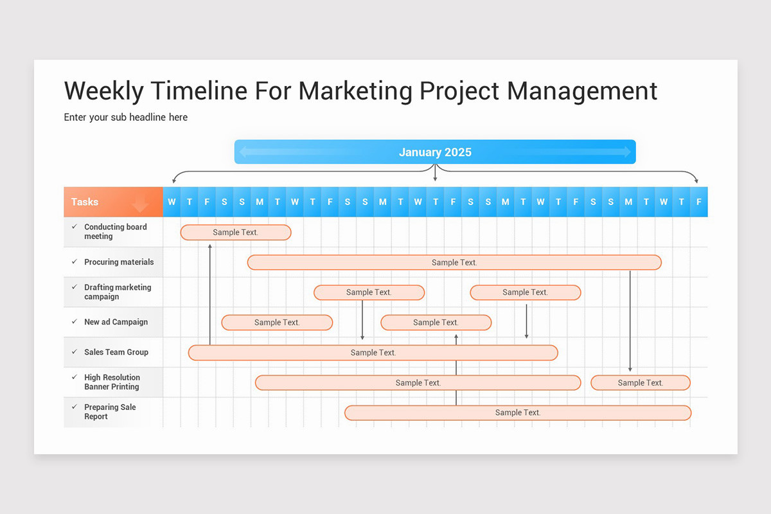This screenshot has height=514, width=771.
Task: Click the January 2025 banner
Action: click(x=435, y=152)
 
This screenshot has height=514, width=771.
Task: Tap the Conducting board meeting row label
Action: click(x=116, y=232)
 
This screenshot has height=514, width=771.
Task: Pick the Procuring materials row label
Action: click(x=119, y=262)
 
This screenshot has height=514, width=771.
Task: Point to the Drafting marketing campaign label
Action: click(x=118, y=292)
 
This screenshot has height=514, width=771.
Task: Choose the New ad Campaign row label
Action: click(x=116, y=322)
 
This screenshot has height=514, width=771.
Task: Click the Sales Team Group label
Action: click(x=116, y=352)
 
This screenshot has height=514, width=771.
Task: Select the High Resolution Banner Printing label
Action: click(x=112, y=382)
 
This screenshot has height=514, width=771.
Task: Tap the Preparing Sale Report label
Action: click(x=110, y=412)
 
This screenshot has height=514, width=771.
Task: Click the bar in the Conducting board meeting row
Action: click(x=236, y=233)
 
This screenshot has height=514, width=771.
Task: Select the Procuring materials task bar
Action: click(x=454, y=262)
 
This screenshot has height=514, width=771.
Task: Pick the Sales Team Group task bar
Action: click(x=373, y=353)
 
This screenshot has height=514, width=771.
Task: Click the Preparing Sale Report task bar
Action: click(x=518, y=412)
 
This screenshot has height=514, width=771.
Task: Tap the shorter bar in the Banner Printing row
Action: click(x=641, y=383)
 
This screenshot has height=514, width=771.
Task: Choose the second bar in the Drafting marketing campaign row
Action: click(x=526, y=292)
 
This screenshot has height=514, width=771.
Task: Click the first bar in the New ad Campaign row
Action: click(x=277, y=323)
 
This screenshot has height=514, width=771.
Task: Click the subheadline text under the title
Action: click(x=126, y=117)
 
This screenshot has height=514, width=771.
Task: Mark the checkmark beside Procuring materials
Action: click(x=75, y=261)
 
